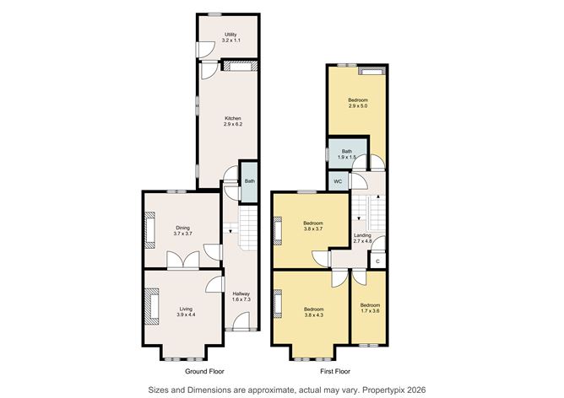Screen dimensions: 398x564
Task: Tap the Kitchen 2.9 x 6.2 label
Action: coord(232,121)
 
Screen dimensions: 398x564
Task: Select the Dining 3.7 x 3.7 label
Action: coord(182,230)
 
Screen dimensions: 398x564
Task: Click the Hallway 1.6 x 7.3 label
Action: coord(241,296)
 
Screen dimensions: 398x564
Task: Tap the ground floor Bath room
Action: coord(249,181)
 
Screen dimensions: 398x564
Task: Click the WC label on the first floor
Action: coord(337,181)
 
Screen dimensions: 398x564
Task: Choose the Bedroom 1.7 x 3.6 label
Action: coord(370,307)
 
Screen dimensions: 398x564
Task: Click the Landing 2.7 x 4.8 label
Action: coord(362,239)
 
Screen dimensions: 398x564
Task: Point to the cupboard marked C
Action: coord(377,261)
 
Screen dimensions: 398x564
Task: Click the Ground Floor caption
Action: coord(203,370)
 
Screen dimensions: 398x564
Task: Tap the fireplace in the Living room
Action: coord(153,305)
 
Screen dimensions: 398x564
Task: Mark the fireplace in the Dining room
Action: coord(151,229)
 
